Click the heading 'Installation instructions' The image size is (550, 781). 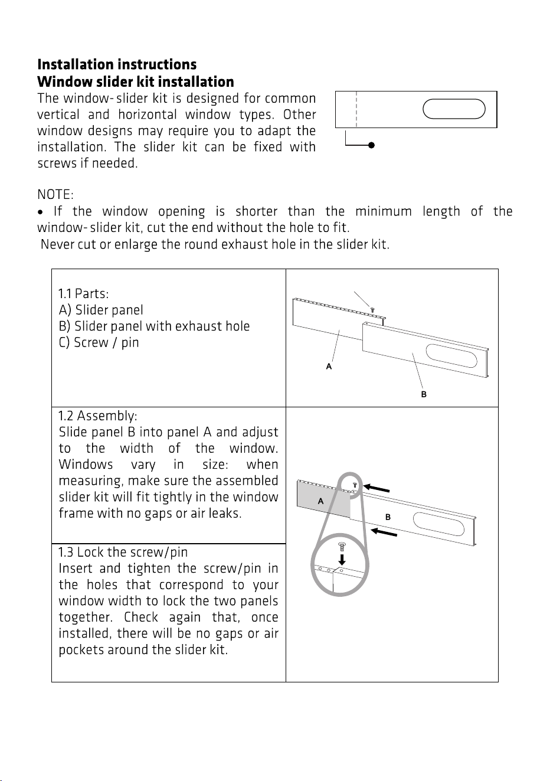point(117,64)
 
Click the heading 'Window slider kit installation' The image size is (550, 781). point(136,82)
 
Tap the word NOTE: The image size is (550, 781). point(55,195)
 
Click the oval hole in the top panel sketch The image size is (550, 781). point(454,109)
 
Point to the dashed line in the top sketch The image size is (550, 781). point(356,109)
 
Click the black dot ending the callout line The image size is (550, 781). point(372,145)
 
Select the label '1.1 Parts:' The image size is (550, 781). point(83,293)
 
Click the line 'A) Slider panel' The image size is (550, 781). point(101,310)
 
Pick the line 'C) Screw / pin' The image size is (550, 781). point(99,342)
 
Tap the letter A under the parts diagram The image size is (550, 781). point(329,367)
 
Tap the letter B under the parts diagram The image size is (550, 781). point(424,394)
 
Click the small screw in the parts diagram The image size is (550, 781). point(372,309)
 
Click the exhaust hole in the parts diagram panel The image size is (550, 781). point(451,356)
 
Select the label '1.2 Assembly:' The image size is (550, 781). point(98,416)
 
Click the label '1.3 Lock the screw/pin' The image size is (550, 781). point(123,553)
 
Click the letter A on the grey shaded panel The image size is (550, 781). point(320,501)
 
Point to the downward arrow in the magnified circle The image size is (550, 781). point(342,560)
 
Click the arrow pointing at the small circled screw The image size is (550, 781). point(377,488)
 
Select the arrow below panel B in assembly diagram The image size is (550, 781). point(384,532)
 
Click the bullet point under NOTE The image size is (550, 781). point(41,212)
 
